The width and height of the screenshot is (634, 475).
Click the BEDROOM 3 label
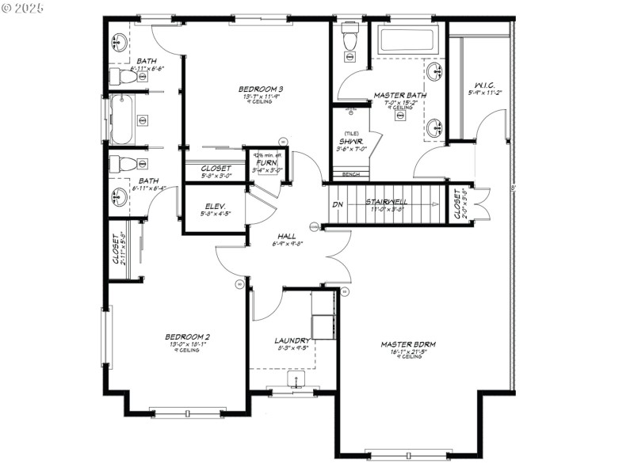click(261, 89)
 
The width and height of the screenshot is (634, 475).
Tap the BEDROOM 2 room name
click(187, 336)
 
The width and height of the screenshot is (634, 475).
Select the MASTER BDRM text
click(408, 344)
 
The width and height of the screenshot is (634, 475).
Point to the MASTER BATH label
click(399, 95)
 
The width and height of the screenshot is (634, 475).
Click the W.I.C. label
click(485, 85)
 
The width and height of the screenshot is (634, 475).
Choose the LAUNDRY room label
click(291, 340)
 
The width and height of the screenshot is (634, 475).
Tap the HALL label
click(286, 236)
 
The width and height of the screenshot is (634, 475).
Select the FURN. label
click(266, 162)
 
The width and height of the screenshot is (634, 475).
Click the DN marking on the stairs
click(338, 204)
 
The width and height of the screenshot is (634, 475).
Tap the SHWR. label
click(350, 142)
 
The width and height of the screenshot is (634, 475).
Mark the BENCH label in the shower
click(350, 173)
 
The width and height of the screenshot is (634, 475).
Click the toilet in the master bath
click(349, 40)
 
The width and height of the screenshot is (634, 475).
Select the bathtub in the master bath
click(405, 40)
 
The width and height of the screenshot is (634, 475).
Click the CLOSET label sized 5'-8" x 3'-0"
click(216, 169)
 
